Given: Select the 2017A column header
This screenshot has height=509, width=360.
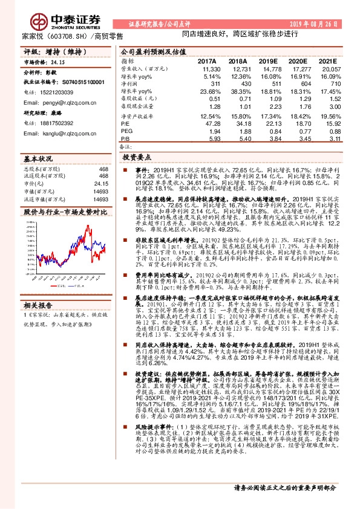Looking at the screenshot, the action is (x=206, y=61).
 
